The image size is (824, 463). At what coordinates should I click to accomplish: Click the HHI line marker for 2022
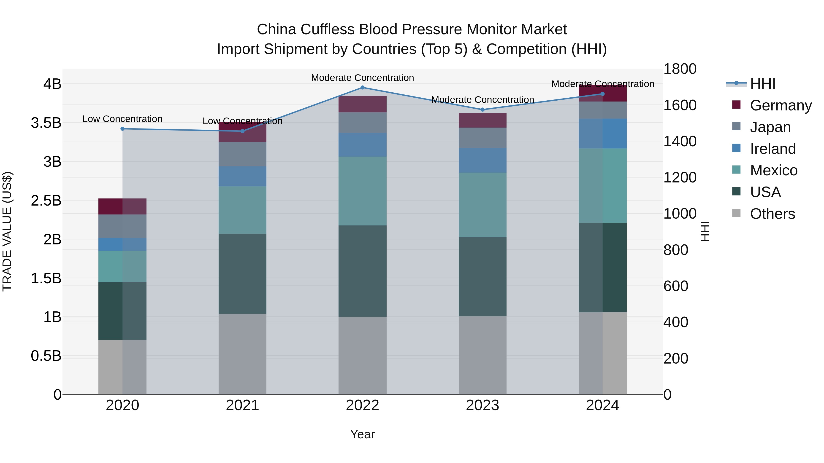click(x=362, y=88)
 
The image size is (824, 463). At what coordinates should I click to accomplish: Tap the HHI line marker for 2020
click(x=122, y=129)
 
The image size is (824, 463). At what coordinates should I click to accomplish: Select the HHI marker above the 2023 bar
click(x=483, y=110)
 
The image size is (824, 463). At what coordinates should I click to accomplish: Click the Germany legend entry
click(x=781, y=105)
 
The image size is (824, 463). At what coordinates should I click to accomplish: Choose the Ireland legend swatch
click(x=736, y=148)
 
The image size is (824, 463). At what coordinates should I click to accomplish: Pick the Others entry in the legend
click(x=772, y=214)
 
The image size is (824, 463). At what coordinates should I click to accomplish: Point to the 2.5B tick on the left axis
click(x=46, y=201)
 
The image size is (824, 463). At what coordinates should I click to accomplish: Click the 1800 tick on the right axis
click(x=680, y=69)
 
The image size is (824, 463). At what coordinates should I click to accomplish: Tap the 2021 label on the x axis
click(x=242, y=405)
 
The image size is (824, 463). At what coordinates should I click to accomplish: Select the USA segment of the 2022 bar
click(x=362, y=271)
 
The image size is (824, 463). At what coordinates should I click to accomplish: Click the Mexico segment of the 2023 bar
click(x=483, y=205)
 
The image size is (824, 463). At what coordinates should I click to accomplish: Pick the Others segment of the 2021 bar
click(x=242, y=354)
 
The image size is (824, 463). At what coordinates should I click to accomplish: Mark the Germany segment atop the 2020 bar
click(x=122, y=206)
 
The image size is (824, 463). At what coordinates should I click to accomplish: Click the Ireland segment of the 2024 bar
click(x=603, y=134)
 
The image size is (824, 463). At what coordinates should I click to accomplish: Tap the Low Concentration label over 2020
click(x=122, y=119)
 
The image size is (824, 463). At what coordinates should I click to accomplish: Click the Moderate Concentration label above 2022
click(x=362, y=78)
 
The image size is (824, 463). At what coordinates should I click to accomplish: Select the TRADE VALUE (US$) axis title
click(x=7, y=231)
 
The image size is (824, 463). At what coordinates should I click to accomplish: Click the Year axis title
click(x=362, y=434)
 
